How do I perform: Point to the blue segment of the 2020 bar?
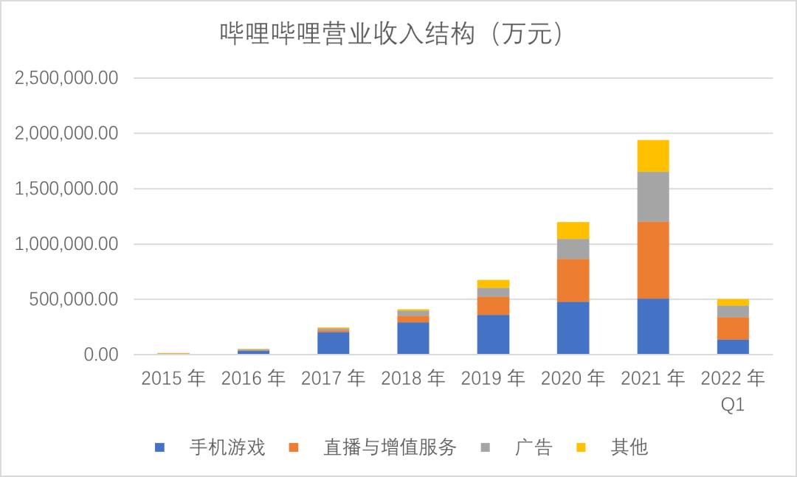point(573,328)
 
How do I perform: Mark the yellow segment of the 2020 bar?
point(573,230)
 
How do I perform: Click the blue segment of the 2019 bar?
point(493,335)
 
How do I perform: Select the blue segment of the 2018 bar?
point(413,338)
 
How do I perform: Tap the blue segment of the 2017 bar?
point(333,344)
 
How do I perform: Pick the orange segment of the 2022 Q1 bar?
point(733,328)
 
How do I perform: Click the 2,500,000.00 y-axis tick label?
point(66,78)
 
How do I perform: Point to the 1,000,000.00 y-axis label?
point(66,244)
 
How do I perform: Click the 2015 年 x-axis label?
point(173,379)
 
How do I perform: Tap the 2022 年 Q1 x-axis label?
point(733,391)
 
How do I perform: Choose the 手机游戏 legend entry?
point(210,447)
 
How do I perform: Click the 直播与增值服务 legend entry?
point(373,447)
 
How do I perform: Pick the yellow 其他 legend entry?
point(613,447)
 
